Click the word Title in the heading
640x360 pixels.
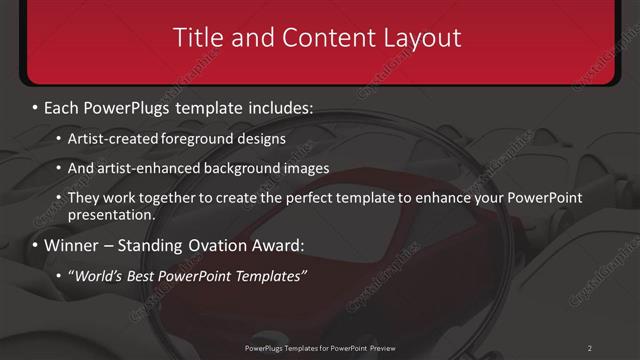(x=198, y=38)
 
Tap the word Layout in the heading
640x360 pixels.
(x=421, y=38)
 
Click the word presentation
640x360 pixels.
(x=111, y=215)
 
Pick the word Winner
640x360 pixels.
(x=72, y=245)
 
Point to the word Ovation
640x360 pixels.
(x=214, y=245)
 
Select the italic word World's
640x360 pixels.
(x=97, y=276)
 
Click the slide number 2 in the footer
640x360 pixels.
(x=589, y=348)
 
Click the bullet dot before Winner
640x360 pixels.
(x=36, y=245)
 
